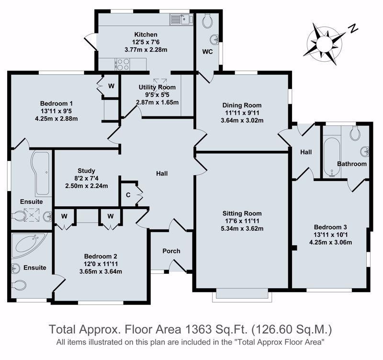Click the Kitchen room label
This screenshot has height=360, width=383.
(146, 34)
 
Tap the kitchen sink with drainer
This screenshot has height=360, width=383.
(181, 19)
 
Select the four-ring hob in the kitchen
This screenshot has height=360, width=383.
(122, 64)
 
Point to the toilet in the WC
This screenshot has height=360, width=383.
(207, 21)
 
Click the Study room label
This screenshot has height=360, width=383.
(86, 171)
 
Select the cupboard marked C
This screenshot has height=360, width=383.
(128, 195)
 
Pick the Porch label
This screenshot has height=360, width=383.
(171, 251)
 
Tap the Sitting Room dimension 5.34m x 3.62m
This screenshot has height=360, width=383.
(242, 229)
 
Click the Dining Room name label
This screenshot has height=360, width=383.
(242, 105)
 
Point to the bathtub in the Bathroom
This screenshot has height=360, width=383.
(332, 157)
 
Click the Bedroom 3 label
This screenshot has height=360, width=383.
(330, 227)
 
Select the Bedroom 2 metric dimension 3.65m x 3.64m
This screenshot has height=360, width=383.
(101, 271)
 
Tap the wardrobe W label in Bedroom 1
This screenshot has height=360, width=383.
(111, 86)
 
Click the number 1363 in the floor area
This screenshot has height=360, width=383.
(199, 329)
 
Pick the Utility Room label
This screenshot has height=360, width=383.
(157, 87)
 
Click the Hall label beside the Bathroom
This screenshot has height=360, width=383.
(306, 152)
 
